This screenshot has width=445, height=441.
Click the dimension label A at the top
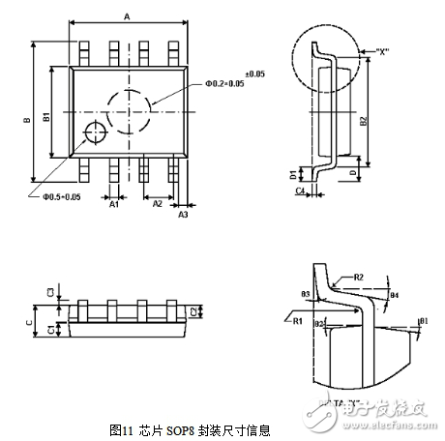127,15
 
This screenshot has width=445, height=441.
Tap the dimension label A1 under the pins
113,204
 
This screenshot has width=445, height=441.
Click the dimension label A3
183,215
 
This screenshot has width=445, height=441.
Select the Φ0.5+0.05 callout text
61,196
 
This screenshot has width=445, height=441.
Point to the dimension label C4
299,192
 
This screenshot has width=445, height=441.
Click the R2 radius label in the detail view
357,277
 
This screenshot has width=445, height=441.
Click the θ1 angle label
423,320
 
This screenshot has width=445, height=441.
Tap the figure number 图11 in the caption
122,429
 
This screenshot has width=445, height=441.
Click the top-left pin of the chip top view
85,51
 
